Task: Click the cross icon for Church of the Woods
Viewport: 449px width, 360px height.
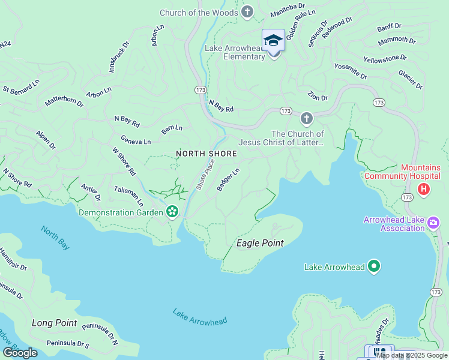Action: click(x=247, y=12)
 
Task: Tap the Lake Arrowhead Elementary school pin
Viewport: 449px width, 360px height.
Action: click(x=273, y=41)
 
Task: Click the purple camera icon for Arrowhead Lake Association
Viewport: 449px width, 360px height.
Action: click(x=433, y=224)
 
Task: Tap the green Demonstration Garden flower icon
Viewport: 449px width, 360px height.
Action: click(x=172, y=212)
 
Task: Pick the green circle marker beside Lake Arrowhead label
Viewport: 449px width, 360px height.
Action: click(x=374, y=266)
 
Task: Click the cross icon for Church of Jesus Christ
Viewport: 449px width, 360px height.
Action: click(x=307, y=118)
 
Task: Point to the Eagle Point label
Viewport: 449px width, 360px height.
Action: click(x=259, y=243)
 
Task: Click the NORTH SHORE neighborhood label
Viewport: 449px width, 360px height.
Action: click(x=206, y=154)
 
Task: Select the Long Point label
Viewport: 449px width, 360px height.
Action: click(x=54, y=323)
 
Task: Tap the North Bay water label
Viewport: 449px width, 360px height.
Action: click(x=55, y=237)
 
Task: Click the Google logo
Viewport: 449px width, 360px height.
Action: click(x=20, y=352)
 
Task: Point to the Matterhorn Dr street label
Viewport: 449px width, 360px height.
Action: click(x=64, y=101)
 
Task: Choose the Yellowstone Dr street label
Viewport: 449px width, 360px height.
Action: click(x=385, y=59)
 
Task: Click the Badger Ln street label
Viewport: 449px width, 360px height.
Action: click(x=228, y=179)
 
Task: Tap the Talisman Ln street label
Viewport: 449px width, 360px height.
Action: click(x=129, y=194)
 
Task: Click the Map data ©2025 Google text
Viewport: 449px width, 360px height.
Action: click(x=412, y=355)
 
